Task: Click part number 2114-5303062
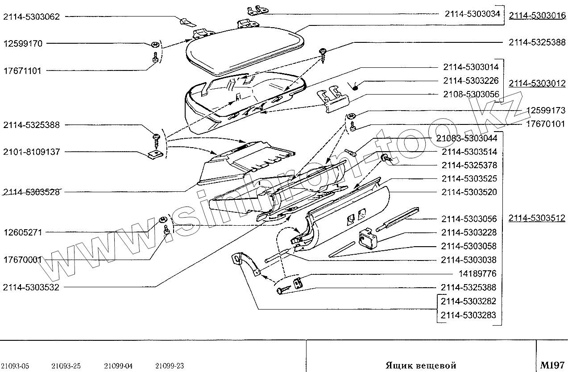click(x=31, y=17)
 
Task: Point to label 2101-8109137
click(x=31, y=152)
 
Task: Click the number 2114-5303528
click(x=31, y=192)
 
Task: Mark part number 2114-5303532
click(x=31, y=287)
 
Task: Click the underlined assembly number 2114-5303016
click(x=537, y=16)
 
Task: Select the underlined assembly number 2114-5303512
click(x=537, y=218)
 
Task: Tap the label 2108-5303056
click(x=471, y=95)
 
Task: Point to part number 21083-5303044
click(x=466, y=138)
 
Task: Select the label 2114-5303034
click(x=472, y=14)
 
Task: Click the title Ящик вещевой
click(x=421, y=365)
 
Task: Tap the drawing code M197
click(x=552, y=365)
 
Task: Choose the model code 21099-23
click(x=170, y=366)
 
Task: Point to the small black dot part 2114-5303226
click(x=356, y=87)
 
